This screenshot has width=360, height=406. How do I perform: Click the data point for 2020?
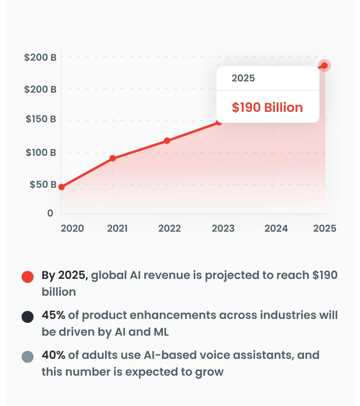click(x=62, y=187)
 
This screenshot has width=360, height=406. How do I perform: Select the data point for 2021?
click(x=113, y=158)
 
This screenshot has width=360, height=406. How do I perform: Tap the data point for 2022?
click(x=167, y=141)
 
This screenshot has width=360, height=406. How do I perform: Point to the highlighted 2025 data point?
click(x=324, y=66)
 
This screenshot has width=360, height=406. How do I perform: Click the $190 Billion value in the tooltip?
click(x=267, y=107)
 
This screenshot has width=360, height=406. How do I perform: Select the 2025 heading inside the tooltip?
click(x=243, y=78)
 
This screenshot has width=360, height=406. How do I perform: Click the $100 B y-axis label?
click(x=41, y=152)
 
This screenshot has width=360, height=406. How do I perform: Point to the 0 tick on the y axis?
click(x=50, y=213)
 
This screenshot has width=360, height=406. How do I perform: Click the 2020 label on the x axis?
click(x=72, y=228)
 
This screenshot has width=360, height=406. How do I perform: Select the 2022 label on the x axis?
click(x=169, y=228)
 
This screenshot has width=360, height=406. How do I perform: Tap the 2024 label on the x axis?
click(x=276, y=228)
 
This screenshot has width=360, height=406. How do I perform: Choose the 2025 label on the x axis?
click(x=325, y=228)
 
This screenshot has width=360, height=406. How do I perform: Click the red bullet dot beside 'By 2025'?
click(x=28, y=277)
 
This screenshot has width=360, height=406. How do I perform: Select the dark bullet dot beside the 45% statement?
click(x=28, y=317)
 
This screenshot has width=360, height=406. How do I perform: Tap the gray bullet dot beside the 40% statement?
click(x=28, y=357)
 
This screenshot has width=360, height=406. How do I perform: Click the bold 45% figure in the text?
click(x=54, y=315)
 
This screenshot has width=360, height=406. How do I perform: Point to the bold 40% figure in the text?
click(x=54, y=355)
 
